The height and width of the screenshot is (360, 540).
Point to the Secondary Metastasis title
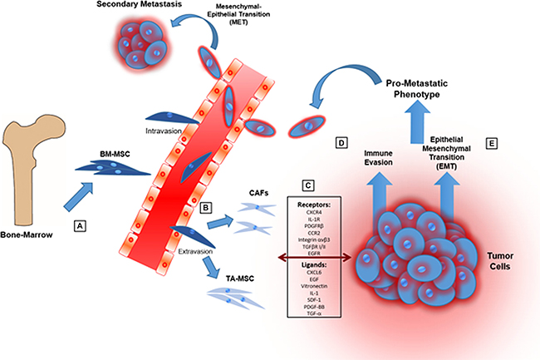coord(156,7)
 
